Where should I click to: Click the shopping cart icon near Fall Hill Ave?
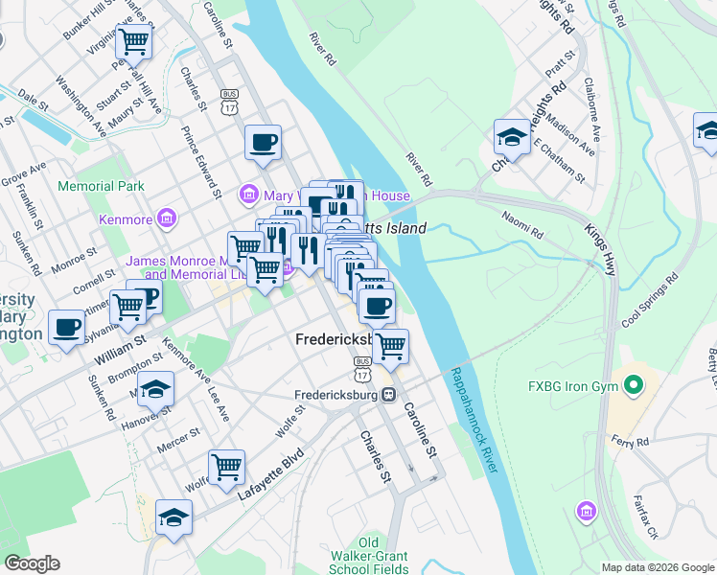pos(133,41)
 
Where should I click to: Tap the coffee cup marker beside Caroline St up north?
pos(263,144)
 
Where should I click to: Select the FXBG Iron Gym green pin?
pos(632,387)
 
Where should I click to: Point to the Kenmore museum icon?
pos(168,219)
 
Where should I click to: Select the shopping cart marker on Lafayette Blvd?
pos(226,467)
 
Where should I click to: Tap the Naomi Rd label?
pos(523,225)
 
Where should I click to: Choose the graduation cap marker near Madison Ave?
pos(512,137)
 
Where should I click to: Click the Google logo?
pos(32,563)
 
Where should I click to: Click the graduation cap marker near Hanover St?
pos(155,389)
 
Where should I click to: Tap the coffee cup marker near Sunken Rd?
pos(67,327)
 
